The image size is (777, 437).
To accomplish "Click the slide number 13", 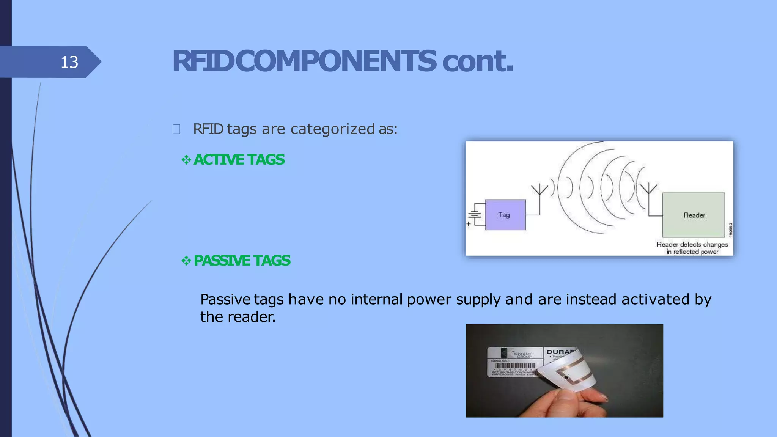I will [x=69, y=62].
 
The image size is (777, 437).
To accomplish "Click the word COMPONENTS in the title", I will [x=335, y=61].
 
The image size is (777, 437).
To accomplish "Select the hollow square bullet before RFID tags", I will [x=176, y=129].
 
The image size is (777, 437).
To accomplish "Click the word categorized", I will [x=333, y=129].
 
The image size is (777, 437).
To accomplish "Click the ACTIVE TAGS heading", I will [x=239, y=160].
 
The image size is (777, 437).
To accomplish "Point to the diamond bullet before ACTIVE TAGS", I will [x=186, y=160].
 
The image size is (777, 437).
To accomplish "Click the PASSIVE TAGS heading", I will [x=242, y=261].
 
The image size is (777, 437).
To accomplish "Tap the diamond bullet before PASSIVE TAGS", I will [x=186, y=261].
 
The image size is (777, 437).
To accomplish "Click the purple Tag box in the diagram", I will [x=505, y=215].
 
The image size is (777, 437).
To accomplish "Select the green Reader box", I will [x=694, y=215].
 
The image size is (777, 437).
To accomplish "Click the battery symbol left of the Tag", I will [x=475, y=215].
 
